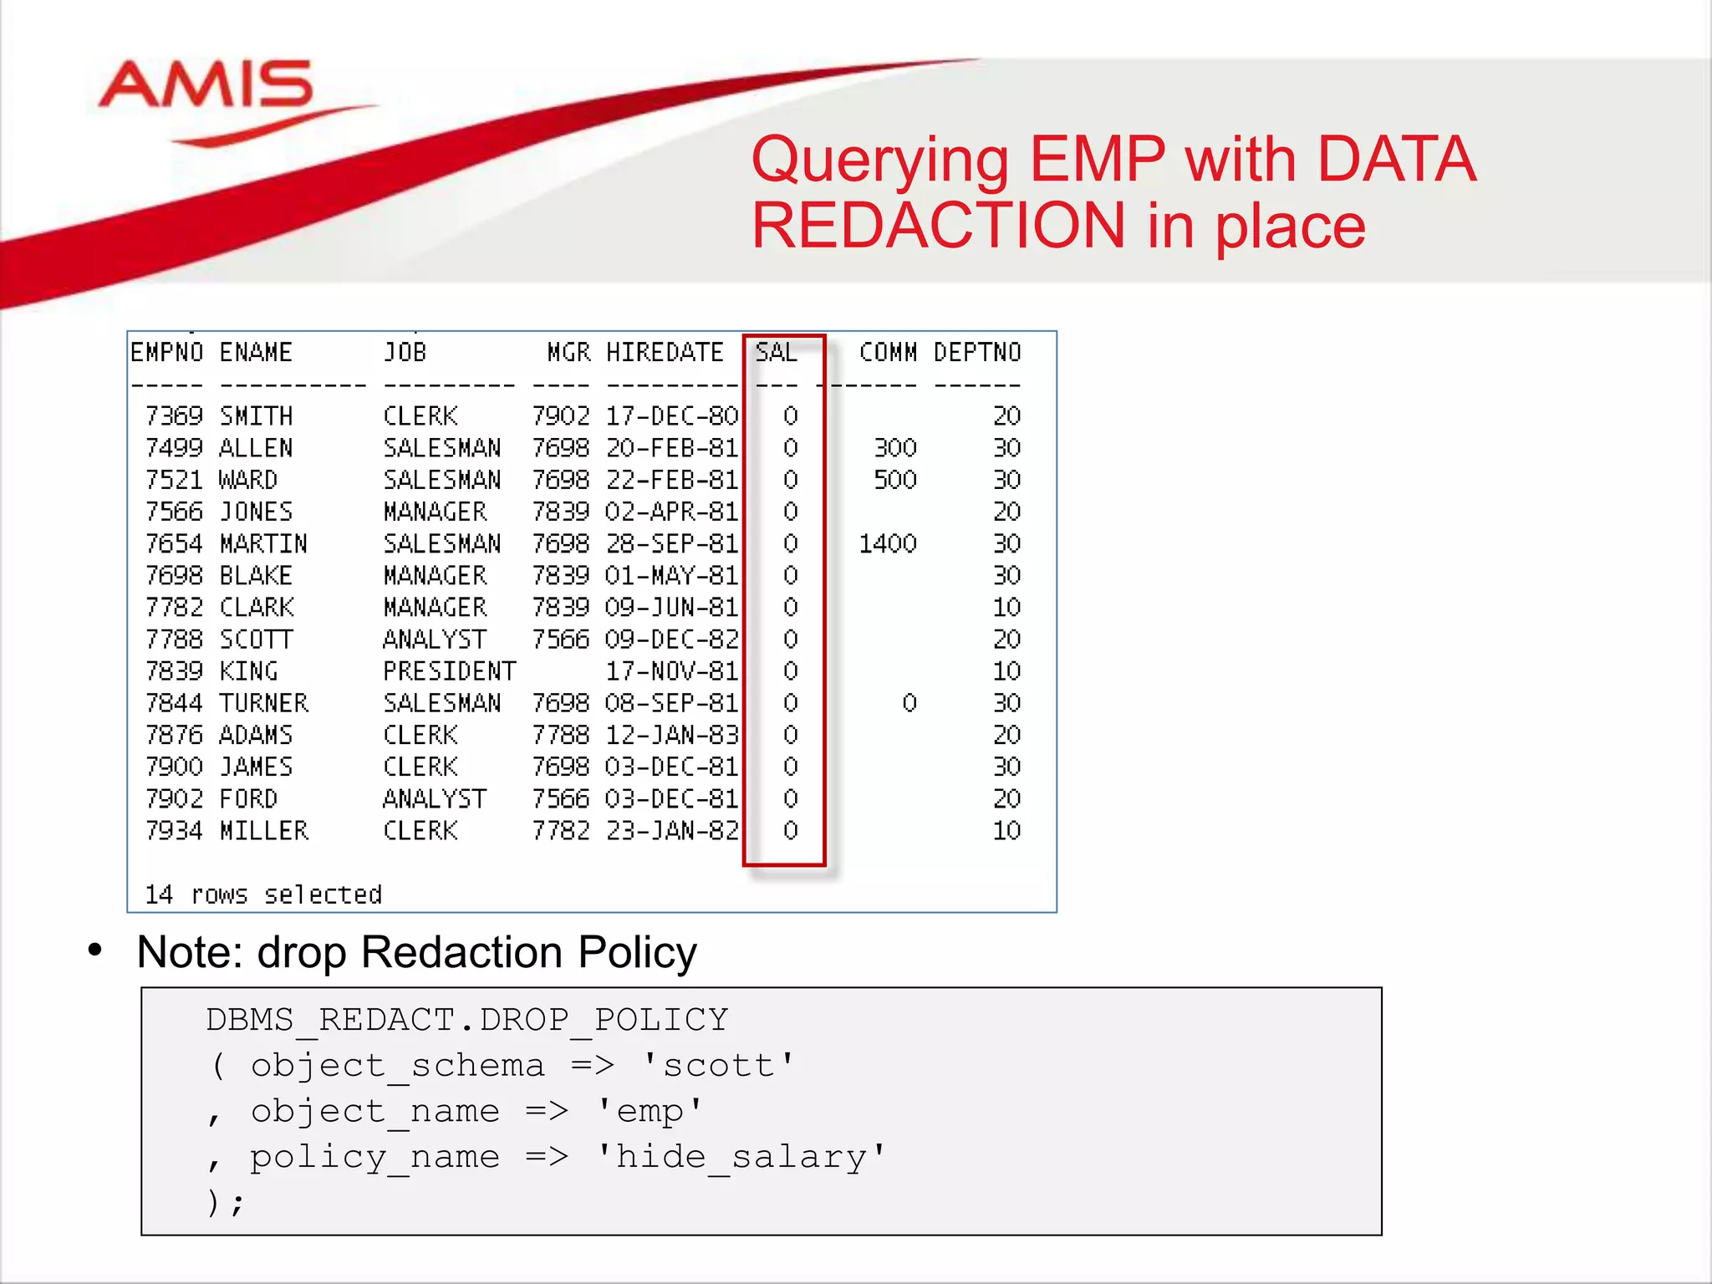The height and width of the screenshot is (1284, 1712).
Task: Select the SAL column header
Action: [x=776, y=353]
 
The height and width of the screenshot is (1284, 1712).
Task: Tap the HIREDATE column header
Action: [x=665, y=353]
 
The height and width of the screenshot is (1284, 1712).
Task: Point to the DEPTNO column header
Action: [x=977, y=353]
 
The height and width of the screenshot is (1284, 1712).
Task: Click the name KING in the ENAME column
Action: [x=248, y=671]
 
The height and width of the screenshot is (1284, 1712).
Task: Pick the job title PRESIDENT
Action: [x=449, y=671]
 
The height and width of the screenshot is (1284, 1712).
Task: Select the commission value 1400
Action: [x=888, y=544]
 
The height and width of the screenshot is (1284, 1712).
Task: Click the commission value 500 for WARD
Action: [x=895, y=480]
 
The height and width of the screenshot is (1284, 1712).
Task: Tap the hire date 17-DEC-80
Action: [x=672, y=416]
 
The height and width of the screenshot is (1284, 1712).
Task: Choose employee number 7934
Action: [x=174, y=831]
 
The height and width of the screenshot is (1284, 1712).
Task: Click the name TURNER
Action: [x=264, y=703]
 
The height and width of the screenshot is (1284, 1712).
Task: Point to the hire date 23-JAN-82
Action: [x=672, y=831]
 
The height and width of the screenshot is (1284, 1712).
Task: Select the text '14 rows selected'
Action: [x=263, y=895]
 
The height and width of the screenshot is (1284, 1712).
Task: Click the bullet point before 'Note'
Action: [x=95, y=950]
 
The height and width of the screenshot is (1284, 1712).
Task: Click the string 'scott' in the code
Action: [x=718, y=1066]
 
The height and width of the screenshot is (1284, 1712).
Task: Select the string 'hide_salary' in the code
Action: [x=741, y=1157]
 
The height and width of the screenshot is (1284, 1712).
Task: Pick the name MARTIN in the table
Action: [x=263, y=544]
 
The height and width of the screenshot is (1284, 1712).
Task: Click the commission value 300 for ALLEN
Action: [x=895, y=448]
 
